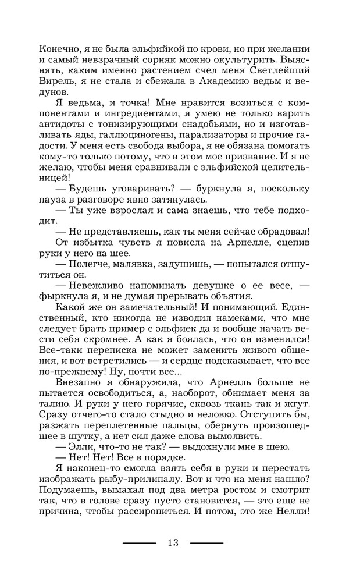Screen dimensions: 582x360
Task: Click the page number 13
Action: point(173,543)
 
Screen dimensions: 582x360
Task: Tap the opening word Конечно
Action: point(57,49)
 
